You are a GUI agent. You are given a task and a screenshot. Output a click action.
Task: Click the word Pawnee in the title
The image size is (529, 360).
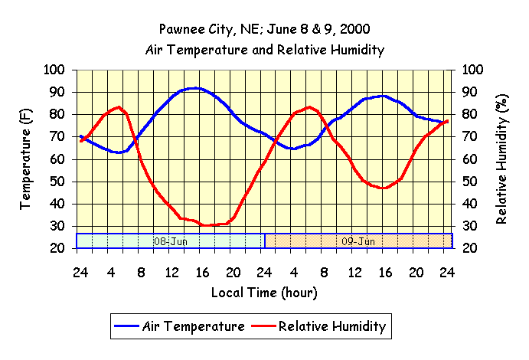click(183, 31)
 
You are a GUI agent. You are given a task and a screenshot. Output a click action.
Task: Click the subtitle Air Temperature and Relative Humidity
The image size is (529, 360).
click(264, 50)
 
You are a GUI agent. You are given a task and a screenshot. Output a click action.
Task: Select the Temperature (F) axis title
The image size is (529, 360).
click(25, 159)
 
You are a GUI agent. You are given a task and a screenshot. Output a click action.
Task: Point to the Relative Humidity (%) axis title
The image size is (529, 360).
click(502, 159)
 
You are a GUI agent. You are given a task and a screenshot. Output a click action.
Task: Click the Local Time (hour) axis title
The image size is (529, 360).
click(263, 293)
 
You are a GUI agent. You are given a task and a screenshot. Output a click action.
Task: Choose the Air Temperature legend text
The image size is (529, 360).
click(194, 326)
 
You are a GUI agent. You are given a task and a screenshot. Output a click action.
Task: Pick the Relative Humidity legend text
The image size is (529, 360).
click(333, 326)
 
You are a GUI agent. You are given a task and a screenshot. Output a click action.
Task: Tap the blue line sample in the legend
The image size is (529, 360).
click(126, 327)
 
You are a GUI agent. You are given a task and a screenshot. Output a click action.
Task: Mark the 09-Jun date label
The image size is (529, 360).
click(358, 241)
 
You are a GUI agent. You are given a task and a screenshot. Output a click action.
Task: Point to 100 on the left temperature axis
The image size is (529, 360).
click(55, 70)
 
